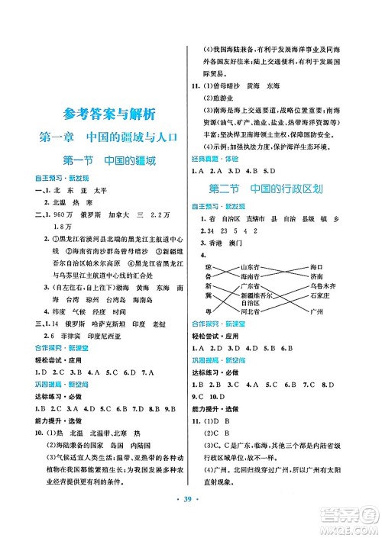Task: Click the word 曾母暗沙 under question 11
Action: (x=228, y=87)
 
